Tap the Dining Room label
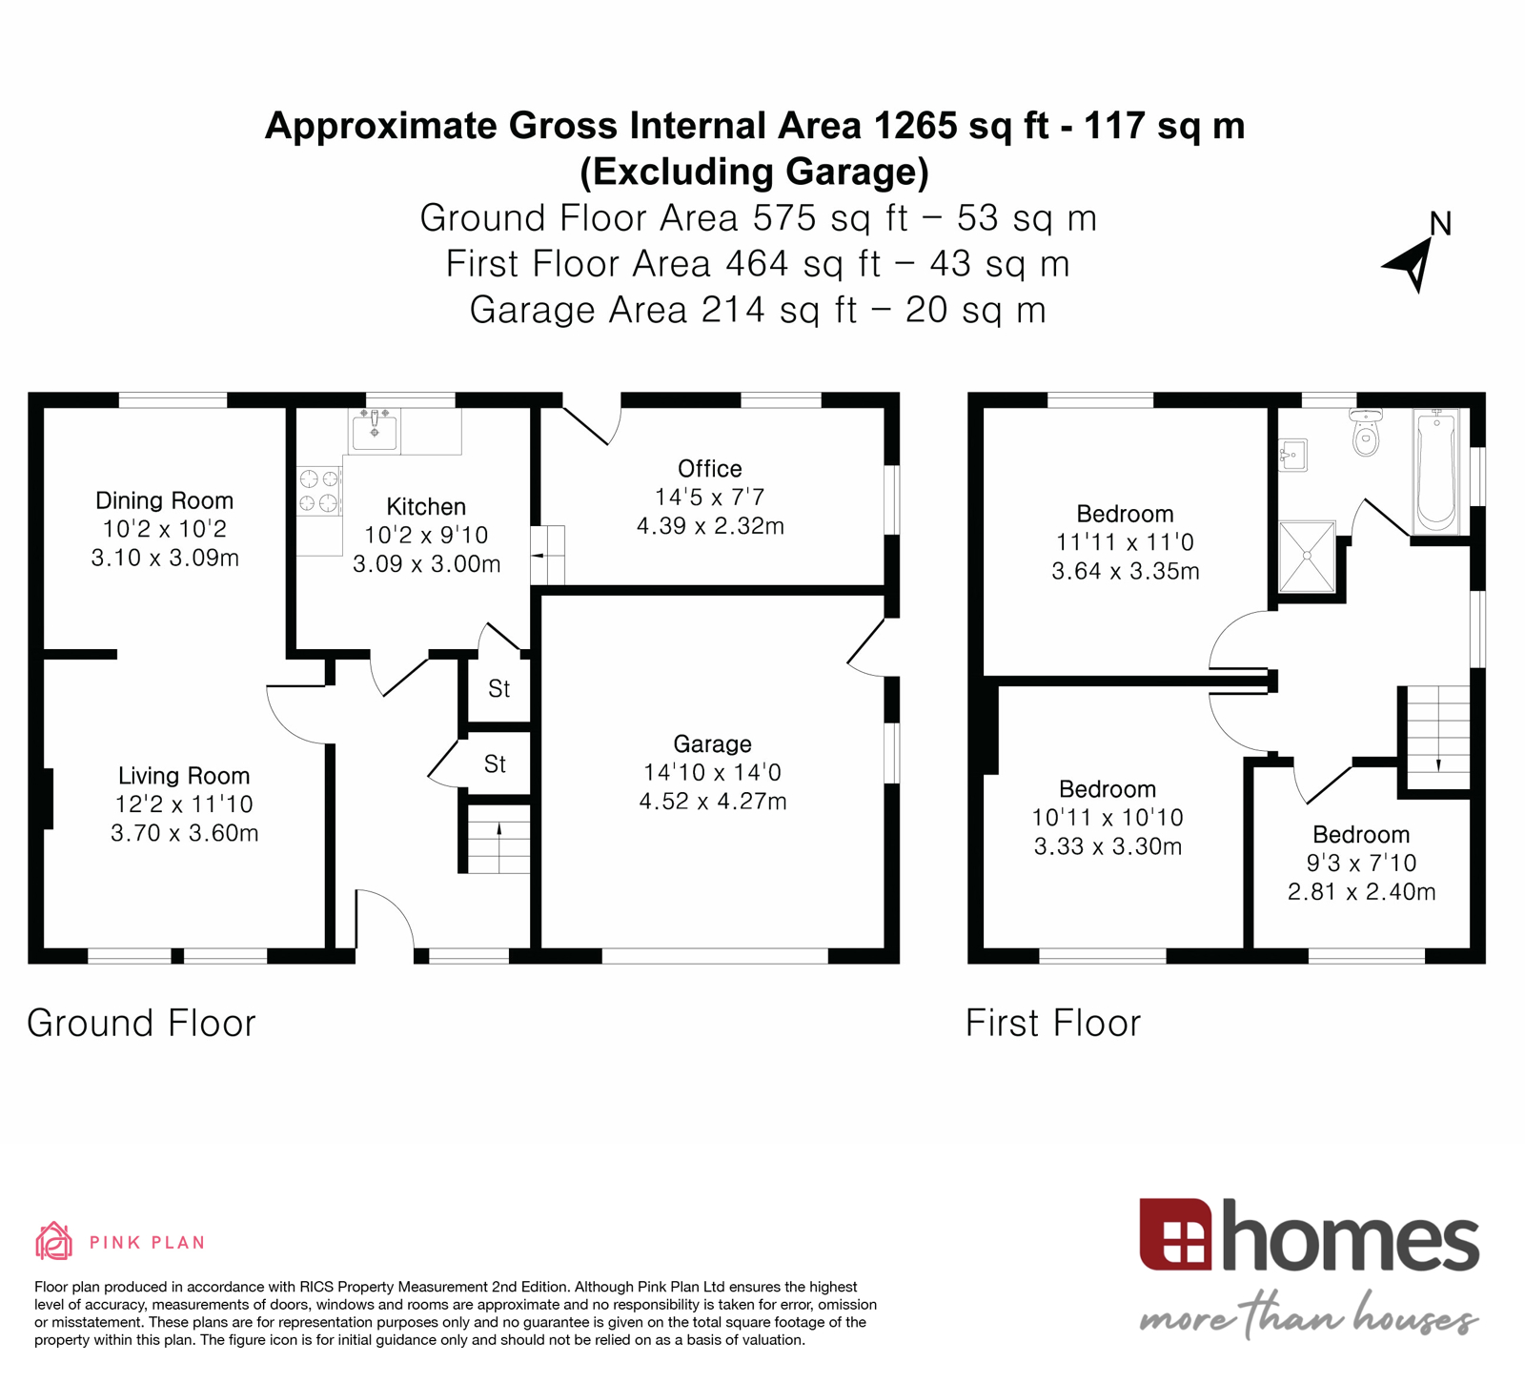coord(164,500)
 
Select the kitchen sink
coord(375,431)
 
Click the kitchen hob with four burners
coord(318,491)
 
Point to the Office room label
coord(709,468)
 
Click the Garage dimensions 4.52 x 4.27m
coord(712,802)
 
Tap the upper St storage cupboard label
coord(498,688)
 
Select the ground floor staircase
coord(498,839)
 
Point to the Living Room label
coord(184,776)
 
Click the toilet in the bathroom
coord(1366,435)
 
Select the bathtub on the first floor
coord(1436,470)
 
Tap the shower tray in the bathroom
coord(1307,556)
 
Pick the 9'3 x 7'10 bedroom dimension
coord(1360,864)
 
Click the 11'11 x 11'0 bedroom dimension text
coord(1125,542)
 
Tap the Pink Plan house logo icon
coord(53,1240)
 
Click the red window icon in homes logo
coord(1175,1235)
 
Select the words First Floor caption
coord(1052,1023)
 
